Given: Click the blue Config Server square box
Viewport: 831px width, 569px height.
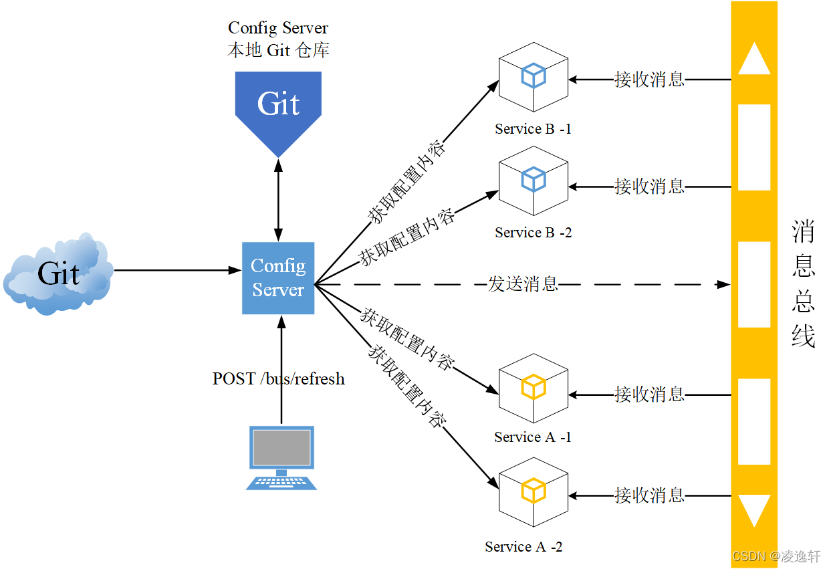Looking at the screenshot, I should tap(278, 278).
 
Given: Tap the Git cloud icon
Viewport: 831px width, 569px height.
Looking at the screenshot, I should tap(58, 273).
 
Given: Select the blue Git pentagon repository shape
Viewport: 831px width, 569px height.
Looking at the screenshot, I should tap(278, 107).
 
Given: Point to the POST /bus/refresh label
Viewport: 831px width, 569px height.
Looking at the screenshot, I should tap(278, 378).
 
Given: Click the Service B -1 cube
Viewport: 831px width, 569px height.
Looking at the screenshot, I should tap(533, 77).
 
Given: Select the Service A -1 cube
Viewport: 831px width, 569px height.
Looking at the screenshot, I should tap(533, 388).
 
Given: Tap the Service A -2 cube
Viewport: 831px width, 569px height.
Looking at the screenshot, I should tap(533, 491).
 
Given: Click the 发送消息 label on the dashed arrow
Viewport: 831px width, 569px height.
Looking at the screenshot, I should tap(523, 284).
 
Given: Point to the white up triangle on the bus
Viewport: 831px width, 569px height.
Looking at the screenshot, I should tap(753, 60).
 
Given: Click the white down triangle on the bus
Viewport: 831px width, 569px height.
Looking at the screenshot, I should tap(753, 509).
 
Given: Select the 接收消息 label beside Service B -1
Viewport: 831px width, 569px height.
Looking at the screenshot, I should tap(649, 80).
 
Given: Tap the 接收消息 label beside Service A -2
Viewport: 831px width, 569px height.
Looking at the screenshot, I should tap(649, 495).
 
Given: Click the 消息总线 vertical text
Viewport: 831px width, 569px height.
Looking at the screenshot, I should tap(803, 284).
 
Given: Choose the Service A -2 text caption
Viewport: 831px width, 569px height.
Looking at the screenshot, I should tap(523, 547).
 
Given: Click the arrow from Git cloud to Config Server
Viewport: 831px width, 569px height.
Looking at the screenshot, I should tap(177, 270).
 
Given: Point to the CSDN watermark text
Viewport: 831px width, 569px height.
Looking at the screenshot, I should tap(776, 556).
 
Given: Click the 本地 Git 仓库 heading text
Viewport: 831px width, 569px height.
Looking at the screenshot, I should tap(278, 50).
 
